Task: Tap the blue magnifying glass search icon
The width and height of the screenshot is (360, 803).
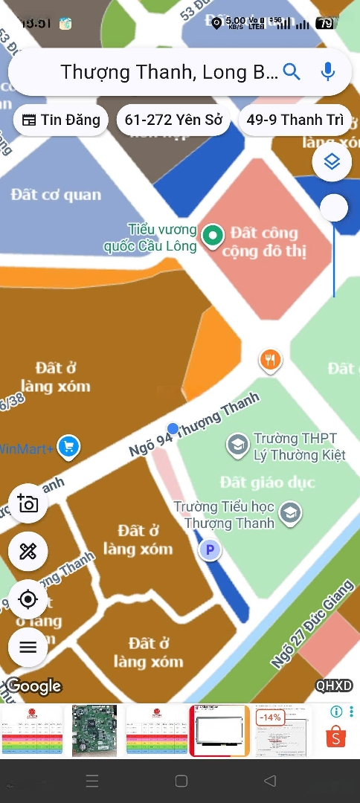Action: point(292,72)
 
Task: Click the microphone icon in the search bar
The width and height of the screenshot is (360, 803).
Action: point(327,72)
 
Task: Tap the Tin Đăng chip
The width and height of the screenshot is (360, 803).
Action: point(61,120)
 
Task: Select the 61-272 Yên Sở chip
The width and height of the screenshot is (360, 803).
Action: point(173,120)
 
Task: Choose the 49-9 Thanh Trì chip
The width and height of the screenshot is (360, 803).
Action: point(295,120)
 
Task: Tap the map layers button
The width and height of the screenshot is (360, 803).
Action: point(332,162)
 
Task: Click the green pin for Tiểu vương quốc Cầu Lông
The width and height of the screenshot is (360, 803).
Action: point(213,236)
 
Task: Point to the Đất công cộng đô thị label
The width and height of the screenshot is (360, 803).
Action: point(263,242)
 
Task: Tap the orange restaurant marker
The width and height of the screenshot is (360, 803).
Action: point(271,361)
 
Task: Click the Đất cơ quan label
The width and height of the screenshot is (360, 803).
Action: point(56,195)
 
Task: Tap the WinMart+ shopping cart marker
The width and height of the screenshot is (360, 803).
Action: point(68,447)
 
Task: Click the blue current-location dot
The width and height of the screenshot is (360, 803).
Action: point(173,428)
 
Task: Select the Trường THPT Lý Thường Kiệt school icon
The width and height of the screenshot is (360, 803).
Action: point(238,445)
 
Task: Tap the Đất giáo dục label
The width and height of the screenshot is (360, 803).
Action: point(268,483)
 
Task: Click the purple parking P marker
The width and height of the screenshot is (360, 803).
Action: point(209,550)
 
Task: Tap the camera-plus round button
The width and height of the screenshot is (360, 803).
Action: point(28,503)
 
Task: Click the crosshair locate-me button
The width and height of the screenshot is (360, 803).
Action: point(28,599)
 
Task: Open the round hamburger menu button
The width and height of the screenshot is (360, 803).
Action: point(28,647)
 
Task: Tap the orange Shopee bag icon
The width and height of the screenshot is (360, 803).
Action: point(336,736)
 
